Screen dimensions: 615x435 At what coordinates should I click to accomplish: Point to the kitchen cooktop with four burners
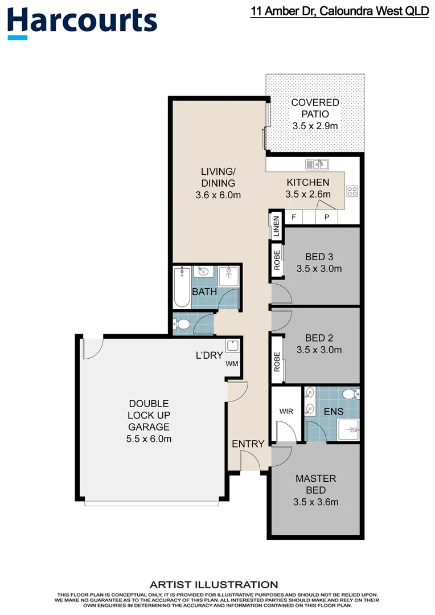point(352,191)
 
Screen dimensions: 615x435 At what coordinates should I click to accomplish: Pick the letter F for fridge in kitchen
point(294,217)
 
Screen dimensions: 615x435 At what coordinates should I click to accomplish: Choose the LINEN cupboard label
point(276,226)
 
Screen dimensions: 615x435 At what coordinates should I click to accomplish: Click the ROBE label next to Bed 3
point(277,260)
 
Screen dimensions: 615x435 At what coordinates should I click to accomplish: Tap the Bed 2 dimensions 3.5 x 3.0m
point(319,350)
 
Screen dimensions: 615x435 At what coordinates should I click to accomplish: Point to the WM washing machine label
point(232,363)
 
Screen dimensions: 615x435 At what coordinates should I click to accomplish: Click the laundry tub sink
point(232,346)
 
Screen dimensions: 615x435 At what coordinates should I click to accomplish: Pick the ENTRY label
point(248,444)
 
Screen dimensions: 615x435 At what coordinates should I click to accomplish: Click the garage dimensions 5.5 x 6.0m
point(148,438)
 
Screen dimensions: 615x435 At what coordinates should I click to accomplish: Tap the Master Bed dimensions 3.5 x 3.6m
point(315,502)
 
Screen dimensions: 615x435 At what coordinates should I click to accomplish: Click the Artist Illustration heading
point(214,584)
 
